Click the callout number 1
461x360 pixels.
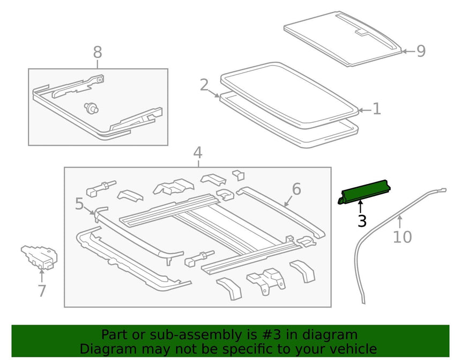click(377, 109)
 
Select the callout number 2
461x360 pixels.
click(204, 85)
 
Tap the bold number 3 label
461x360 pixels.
click(362, 221)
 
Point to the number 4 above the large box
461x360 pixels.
click(198, 153)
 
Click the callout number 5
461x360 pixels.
click(79, 204)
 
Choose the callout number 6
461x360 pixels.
click(296, 189)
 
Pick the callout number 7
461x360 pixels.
click(42, 291)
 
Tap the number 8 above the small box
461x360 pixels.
click(98, 52)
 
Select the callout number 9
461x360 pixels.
click(421, 51)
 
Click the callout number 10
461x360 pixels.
click(403, 237)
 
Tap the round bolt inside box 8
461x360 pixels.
click(91, 108)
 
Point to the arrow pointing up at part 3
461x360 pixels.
click(360, 206)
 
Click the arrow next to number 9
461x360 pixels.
click(408, 51)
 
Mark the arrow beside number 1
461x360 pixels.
click(365, 111)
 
